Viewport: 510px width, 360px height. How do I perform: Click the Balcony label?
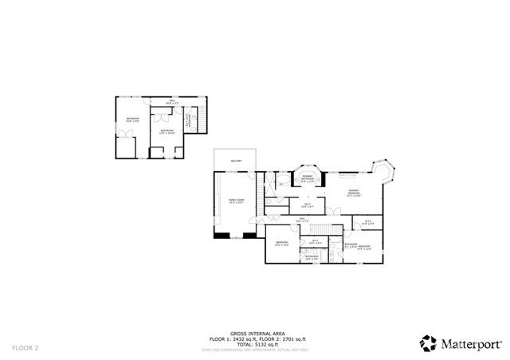tap(236, 161)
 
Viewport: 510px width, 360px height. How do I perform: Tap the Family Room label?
tap(237, 202)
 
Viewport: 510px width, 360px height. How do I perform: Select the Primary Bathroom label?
tap(307, 180)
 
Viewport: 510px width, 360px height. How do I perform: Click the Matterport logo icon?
tap(429, 343)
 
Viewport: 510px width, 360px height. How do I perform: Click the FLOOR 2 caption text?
tap(25, 348)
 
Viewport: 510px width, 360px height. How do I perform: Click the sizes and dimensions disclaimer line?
tap(254, 348)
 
